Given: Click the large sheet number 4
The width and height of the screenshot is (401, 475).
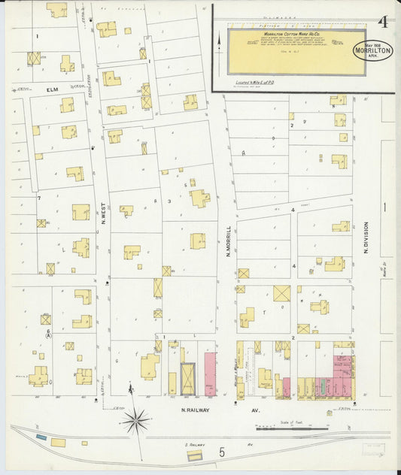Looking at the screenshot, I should [x=384, y=22].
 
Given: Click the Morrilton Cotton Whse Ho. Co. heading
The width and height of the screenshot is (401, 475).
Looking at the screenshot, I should [x=286, y=35].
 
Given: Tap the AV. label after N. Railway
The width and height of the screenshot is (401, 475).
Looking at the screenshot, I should [x=254, y=410].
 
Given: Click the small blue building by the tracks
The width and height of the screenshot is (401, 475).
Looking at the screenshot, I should [x=41, y=437].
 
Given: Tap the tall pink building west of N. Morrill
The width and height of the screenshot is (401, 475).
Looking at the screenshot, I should [x=210, y=374].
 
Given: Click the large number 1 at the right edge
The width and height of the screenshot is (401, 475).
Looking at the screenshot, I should [x=383, y=206].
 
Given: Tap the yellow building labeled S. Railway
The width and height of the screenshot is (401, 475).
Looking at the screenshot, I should [x=194, y=455].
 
